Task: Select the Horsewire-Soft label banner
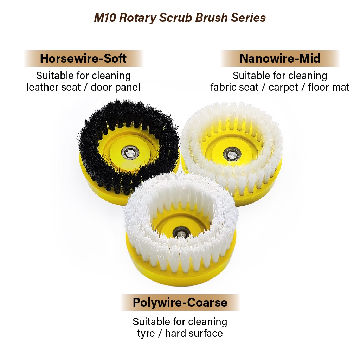tap(83, 58)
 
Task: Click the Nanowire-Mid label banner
tap(280, 58)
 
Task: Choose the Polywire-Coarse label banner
tap(180, 303)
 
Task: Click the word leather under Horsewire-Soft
tap(41, 87)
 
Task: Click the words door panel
tap(116, 87)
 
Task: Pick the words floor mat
tap(329, 87)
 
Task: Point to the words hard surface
tap(194, 333)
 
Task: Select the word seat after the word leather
tap(72, 87)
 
